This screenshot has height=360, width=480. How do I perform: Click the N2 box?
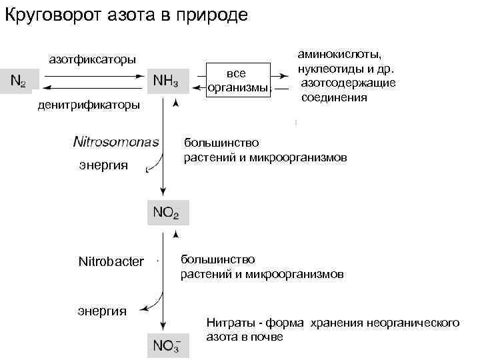[18, 81]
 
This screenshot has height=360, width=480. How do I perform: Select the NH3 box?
[167, 81]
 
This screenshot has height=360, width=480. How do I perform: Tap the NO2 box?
[167, 213]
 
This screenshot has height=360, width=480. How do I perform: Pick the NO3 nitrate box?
[167, 345]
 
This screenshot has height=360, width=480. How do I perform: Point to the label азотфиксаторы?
[93, 59]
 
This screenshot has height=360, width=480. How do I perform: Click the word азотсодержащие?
[349, 83]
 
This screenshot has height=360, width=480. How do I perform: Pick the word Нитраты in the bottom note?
[227, 323]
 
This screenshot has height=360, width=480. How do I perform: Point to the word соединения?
[335, 97]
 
